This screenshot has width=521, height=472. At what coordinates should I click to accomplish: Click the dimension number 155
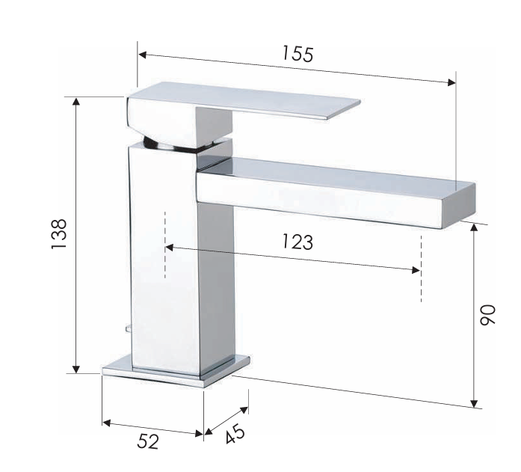click(x=298, y=55)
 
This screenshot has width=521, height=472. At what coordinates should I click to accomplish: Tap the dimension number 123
click(x=297, y=242)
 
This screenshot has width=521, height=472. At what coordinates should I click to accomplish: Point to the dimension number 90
click(x=487, y=313)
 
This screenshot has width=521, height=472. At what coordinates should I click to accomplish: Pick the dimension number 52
click(x=148, y=442)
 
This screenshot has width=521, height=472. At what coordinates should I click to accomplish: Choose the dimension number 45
click(x=233, y=432)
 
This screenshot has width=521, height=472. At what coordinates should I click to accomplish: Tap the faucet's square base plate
click(x=176, y=371)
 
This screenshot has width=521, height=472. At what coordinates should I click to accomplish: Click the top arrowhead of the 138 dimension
click(x=75, y=102)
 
